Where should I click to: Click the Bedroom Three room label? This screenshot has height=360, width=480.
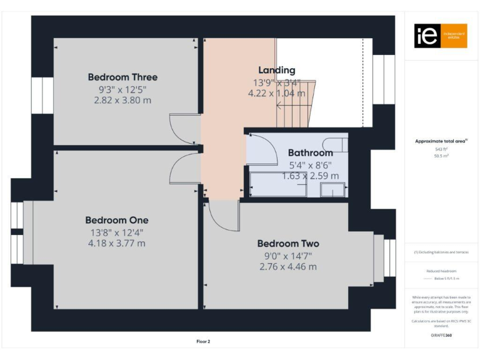(122, 77)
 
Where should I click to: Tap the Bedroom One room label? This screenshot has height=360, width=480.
(117, 220)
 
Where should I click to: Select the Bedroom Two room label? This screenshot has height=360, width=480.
(288, 244)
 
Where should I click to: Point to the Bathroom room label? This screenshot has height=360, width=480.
(310, 152)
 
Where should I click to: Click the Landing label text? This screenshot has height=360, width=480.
(276, 70)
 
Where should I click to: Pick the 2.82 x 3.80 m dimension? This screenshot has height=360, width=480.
(122, 100)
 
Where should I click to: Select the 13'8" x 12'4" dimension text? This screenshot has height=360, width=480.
(117, 232)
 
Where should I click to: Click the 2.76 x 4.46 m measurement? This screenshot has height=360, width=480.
(288, 266)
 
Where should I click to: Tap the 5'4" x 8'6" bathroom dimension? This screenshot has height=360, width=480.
(310, 165)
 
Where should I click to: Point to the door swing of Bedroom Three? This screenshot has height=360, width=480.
(184, 128)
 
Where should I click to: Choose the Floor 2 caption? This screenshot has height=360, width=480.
(203, 342)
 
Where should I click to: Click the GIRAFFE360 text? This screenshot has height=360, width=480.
(441, 336)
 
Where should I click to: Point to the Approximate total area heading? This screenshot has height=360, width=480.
(441, 141)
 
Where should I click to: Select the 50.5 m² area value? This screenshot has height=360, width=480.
(441, 156)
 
